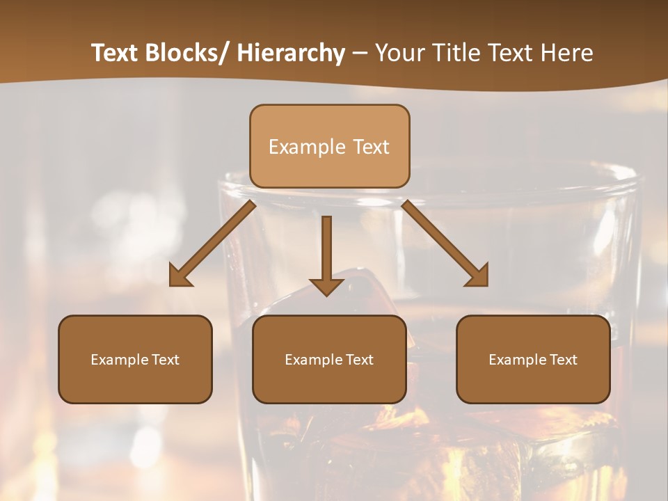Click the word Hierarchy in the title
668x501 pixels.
(x=291, y=54)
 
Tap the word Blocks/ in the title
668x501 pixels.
(x=187, y=54)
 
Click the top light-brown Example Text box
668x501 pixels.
(x=329, y=146)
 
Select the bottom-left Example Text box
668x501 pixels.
(x=135, y=359)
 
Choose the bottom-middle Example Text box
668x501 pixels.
(x=329, y=359)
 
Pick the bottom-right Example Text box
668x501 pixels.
(x=533, y=359)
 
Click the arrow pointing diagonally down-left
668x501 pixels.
(x=216, y=241)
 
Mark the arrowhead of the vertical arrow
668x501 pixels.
(x=326, y=287)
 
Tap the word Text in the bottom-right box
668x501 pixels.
(x=564, y=360)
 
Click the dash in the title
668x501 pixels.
(x=360, y=54)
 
